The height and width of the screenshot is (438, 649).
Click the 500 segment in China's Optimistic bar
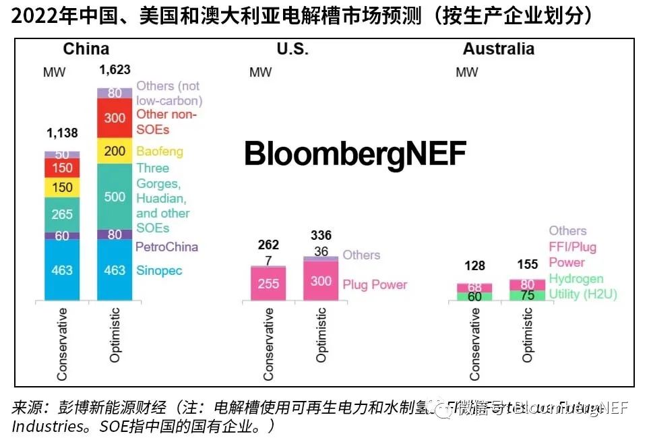pos(115,196)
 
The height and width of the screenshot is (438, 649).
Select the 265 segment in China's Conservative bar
pos(62,214)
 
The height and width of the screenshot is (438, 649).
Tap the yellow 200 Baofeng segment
pos(115,151)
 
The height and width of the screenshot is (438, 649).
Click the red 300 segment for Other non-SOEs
pos(115,118)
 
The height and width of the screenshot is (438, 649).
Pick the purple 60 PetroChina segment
pos(62,235)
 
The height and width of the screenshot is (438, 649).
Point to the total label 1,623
pos(115,69)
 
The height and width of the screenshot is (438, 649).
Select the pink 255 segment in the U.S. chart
pos(268,284)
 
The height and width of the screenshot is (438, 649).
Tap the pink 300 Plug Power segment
pos(321,280)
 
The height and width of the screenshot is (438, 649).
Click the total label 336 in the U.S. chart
pos(321,235)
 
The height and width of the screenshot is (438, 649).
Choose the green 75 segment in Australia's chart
pos(527,294)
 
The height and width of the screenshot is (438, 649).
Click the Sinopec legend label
pos(159,270)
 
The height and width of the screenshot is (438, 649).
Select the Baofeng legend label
pos(160,151)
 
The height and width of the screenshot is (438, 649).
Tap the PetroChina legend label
pos(167,247)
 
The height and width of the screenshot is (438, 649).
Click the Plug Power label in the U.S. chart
pos(375,284)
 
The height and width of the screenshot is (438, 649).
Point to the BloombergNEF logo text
pos(355,154)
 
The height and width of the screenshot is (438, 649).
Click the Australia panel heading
pos(498,49)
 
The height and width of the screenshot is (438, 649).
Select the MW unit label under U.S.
pos(260,72)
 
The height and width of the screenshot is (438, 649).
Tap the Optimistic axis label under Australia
pos(527,335)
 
